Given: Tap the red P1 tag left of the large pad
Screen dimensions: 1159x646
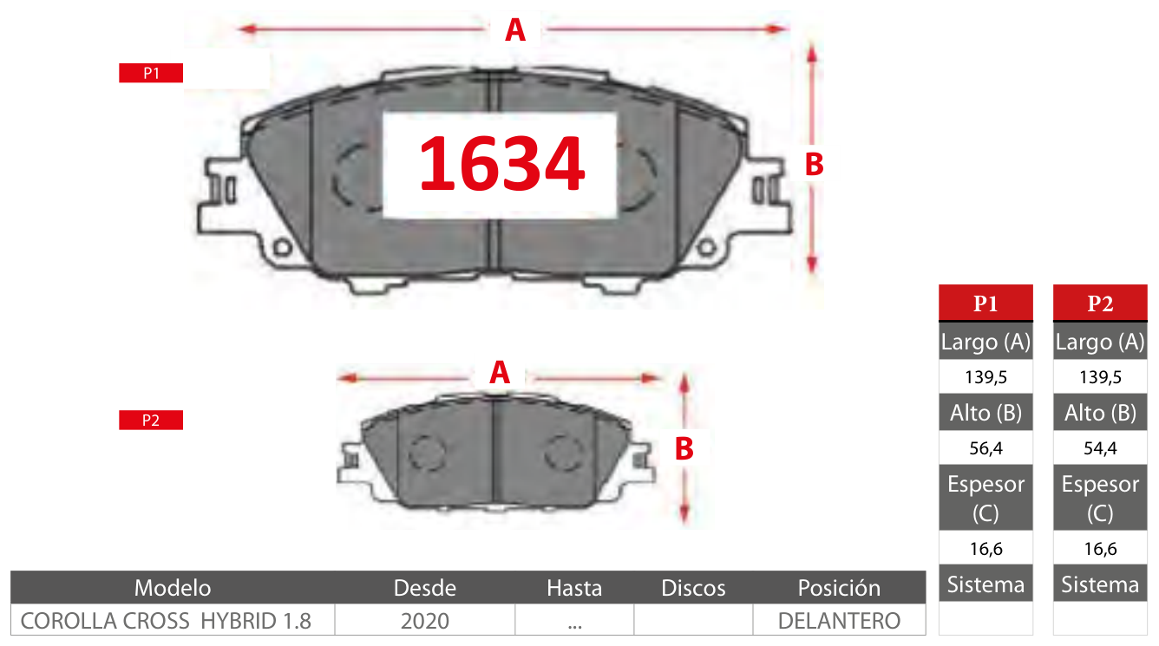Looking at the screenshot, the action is click(x=151, y=73).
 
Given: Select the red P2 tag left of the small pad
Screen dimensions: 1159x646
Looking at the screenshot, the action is click(x=151, y=420).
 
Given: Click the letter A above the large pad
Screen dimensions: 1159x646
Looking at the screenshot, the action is click(x=515, y=30).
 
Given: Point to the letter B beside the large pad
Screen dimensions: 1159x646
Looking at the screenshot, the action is click(x=814, y=165).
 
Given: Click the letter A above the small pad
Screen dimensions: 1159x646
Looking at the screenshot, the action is click(x=500, y=373).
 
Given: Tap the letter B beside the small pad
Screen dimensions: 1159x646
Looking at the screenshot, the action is click(x=684, y=449).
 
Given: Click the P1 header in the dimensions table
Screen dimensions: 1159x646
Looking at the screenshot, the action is click(x=985, y=303).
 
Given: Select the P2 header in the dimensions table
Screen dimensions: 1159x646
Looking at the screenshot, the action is click(x=1100, y=303).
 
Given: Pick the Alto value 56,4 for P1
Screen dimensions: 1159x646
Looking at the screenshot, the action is click(x=985, y=448).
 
